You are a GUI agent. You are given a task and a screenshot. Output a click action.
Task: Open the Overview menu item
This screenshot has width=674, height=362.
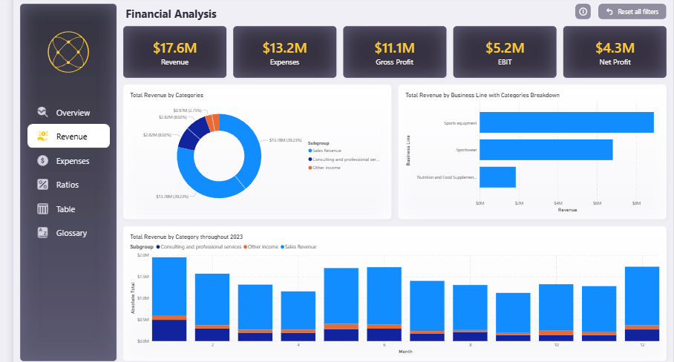(72, 113)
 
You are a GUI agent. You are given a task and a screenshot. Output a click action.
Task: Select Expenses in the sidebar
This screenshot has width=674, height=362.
(72, 161)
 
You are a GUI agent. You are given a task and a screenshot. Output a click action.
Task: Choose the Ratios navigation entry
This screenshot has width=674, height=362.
(67, 185)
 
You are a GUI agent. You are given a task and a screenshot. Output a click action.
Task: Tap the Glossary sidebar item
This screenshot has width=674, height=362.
(71, 233)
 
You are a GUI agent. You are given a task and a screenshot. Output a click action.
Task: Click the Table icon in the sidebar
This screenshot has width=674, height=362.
(43, 209)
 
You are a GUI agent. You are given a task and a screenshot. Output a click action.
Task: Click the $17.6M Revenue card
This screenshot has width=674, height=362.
(174, 52)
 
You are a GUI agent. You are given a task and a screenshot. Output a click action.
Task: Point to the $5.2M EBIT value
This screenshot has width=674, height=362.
(505, 48)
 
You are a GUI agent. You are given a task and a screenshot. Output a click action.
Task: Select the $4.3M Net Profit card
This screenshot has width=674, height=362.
(614, 52)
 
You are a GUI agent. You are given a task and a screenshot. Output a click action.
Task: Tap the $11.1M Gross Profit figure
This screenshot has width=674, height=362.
(394, 48)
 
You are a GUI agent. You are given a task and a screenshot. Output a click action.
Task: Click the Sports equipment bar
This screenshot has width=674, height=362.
(566, 122)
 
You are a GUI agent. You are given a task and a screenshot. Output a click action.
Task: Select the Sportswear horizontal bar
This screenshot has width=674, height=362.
(546, 150)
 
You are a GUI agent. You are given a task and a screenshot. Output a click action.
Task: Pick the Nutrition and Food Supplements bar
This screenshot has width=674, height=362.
(497, 177)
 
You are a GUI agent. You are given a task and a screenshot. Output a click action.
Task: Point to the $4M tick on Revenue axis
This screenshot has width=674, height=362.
(558, 203)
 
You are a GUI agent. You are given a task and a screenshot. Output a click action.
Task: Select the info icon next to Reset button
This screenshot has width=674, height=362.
(583, 12)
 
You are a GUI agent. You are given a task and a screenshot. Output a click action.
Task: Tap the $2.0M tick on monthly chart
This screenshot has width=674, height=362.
(143, 254)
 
